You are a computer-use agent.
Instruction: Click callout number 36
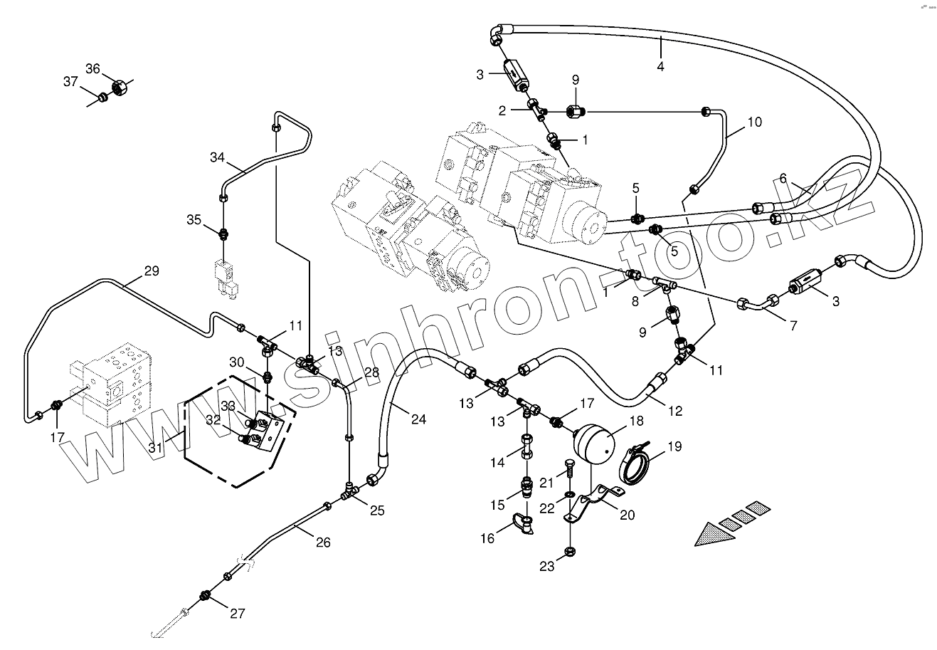[93, 69]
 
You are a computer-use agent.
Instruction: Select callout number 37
[70, 82]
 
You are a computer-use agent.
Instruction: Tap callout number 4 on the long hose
[660, 66]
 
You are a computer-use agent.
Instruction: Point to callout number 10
[754, 122]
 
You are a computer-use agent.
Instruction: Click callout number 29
[152, 271]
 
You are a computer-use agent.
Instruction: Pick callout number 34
[217, 157]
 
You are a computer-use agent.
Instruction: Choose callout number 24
[418, 419]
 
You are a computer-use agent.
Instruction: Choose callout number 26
[323, 542]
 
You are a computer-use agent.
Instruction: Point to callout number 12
[674, 410]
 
